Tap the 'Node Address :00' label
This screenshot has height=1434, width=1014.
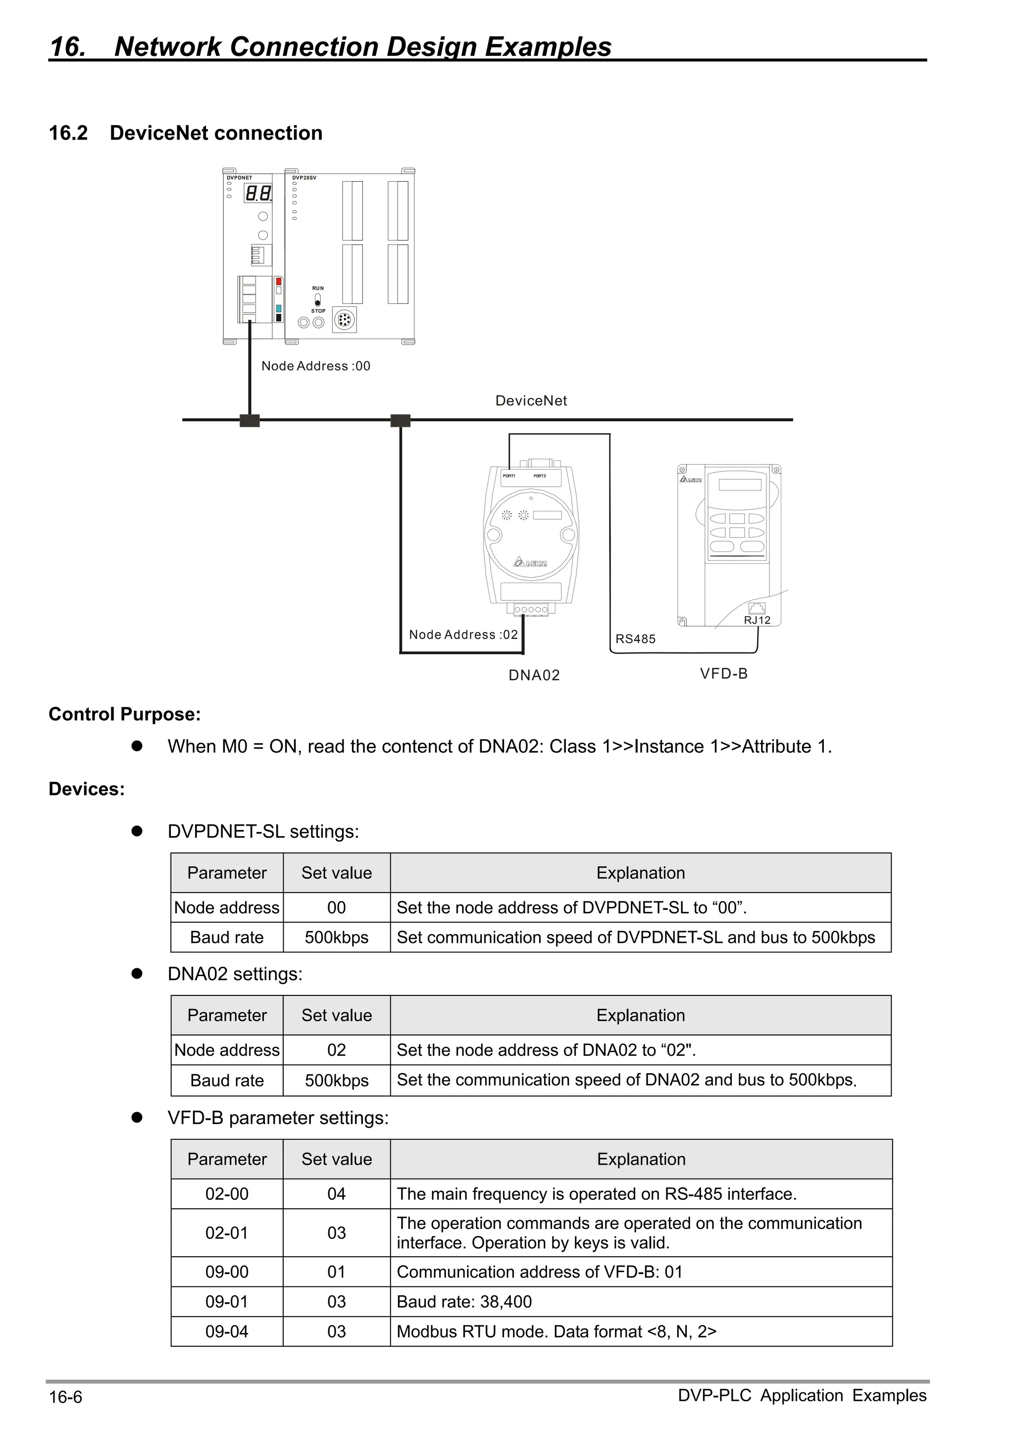(315, 366)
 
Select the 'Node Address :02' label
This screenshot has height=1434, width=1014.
(463, 635)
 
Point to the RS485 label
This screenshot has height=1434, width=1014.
(635, 639)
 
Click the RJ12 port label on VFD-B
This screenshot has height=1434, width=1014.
(757, 620)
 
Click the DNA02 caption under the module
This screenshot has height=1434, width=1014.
(534, 675)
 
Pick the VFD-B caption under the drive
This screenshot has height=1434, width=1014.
(723, 673)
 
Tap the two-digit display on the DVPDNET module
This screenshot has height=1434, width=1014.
(258, 194)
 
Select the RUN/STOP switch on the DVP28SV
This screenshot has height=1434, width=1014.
(317, 299)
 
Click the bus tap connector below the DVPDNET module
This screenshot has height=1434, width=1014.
(249, 420)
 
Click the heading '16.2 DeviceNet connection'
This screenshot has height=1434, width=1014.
(186, 133)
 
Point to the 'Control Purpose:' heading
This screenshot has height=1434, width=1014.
(124, 714)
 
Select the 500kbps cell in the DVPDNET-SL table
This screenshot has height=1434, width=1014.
(336, 938)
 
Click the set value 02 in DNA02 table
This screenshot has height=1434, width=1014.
(336, 1050)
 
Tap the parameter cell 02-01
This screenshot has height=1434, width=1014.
(227, 1233)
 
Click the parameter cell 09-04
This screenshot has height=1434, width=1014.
(227, 1332)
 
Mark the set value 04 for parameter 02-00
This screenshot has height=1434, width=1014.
(336, 1194)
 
